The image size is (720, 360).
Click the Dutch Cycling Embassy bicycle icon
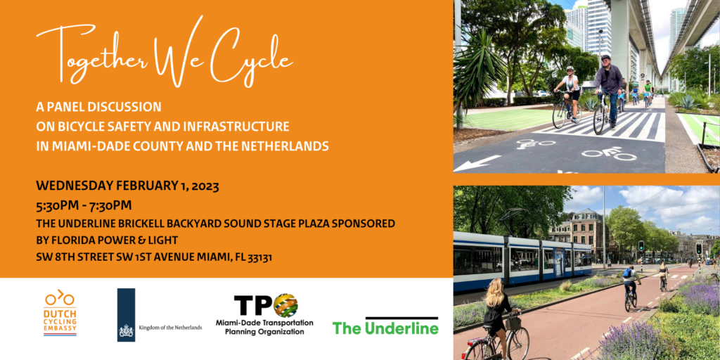pyautogui.click(x=60, y=298)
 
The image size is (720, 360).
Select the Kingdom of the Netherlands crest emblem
pyautogui.click(x=127, y=330)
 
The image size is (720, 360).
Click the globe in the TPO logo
pyautogui.click(x=285, y=305)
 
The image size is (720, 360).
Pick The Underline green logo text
pyautogui.click(x=386, y=328)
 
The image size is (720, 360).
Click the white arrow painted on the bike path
pyautogui.click(x=477, y=163)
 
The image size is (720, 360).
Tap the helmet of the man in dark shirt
pyautogui.click(x=605, y=58)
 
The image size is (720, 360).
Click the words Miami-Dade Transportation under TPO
pyautogui.click(x=264, y=323)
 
